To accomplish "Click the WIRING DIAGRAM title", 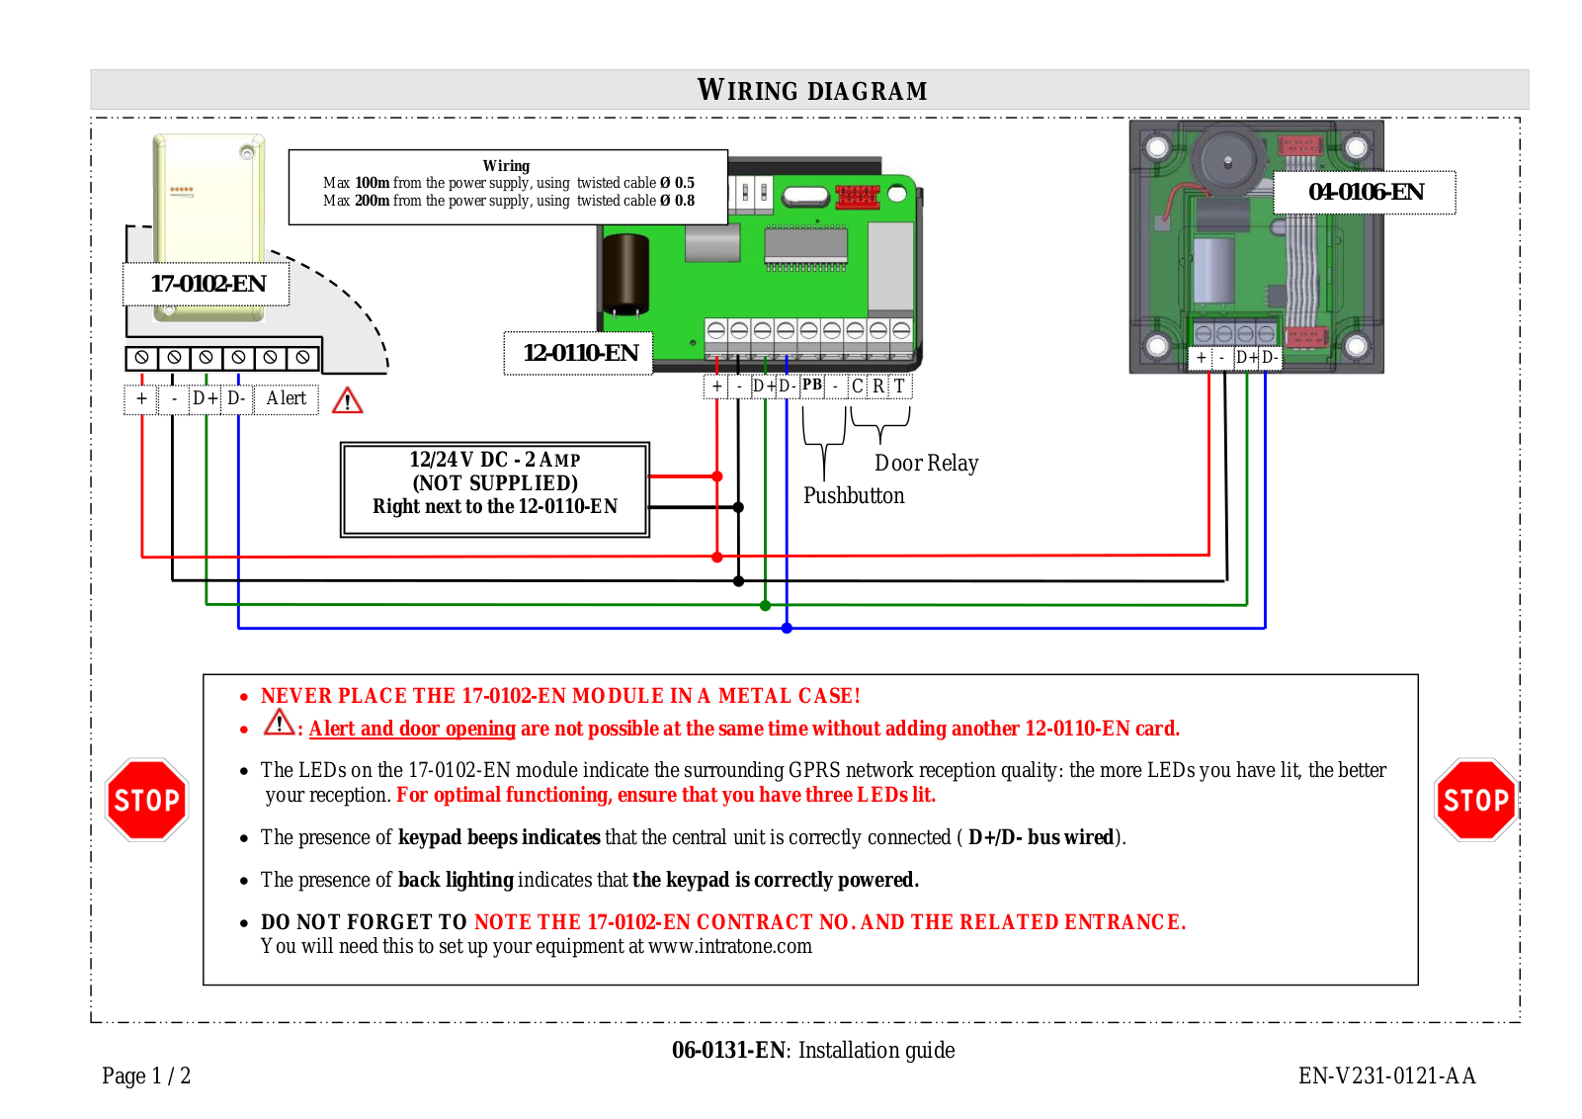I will pos(811,90).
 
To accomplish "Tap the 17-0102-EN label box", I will pos(208,284).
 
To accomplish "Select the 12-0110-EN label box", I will pos(580,353).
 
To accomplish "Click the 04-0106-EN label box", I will pos(1365,192).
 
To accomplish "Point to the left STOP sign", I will pos(146,800).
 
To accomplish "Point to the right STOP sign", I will pos(1474,800).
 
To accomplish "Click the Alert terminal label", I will pos(286,398).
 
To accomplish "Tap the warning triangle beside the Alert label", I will pos(348,400).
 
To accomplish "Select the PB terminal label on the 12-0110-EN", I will pos(812,385).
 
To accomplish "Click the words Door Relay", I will pos(926,463).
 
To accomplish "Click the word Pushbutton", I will pos(854,495).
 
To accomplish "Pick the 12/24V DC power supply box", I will pos(495,489).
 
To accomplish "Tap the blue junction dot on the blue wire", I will pos(787,628).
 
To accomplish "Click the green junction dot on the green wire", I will pos(765,605).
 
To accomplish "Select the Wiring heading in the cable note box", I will pos(506,166).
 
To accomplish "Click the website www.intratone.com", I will pos(730,946).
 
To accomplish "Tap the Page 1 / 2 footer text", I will pos(146,1076).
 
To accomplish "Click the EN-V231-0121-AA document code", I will pos(1386,1076).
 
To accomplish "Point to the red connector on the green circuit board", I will pos(857,196).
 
